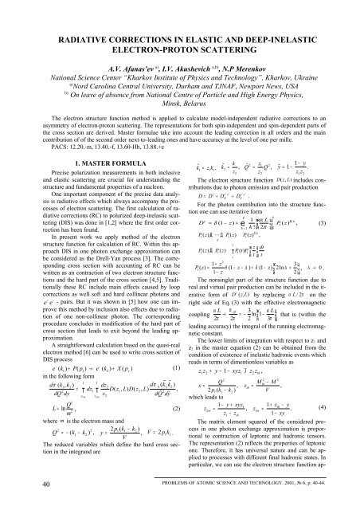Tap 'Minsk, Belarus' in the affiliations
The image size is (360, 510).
[180, 102]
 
